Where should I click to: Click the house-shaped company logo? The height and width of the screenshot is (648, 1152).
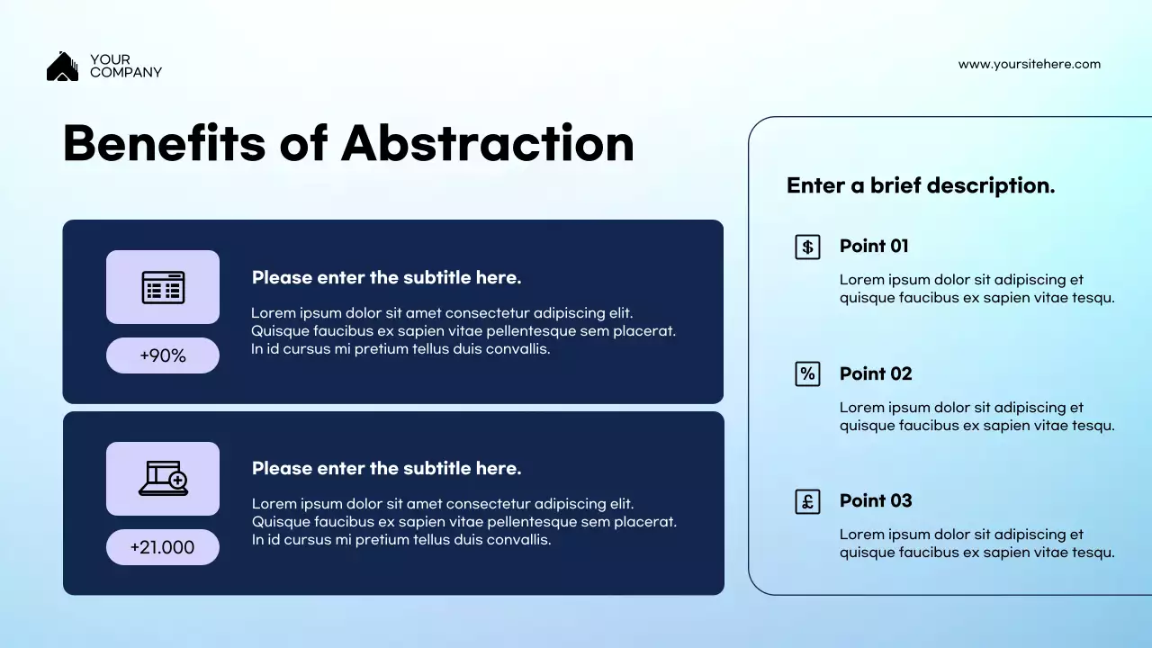(62, 67)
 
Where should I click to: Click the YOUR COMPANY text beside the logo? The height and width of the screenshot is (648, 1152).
(125, 66)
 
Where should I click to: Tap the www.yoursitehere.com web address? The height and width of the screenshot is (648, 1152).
(1029, 64)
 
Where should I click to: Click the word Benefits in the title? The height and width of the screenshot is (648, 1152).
(164, 144)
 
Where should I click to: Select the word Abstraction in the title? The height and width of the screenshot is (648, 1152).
(487, 144)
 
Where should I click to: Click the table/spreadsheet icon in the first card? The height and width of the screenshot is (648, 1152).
(163, 287)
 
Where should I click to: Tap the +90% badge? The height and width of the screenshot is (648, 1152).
(163, 355)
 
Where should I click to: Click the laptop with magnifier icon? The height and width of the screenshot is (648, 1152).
(163, 479)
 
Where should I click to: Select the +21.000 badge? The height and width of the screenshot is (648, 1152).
(163, 547)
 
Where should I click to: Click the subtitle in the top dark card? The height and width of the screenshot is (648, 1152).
(386, 277)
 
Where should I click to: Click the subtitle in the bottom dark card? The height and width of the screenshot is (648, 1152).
(386, 468)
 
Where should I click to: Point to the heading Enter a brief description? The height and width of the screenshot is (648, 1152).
(920, 185)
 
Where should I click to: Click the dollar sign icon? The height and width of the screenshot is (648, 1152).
(807, 247)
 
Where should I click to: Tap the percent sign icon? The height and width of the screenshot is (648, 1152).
(807, 373)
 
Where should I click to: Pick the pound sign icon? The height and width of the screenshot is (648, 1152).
(807, 501)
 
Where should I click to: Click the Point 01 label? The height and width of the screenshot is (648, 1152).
(874, 246)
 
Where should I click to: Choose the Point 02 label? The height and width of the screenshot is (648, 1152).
(876, 373)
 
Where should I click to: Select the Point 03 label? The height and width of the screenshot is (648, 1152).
(876, 500)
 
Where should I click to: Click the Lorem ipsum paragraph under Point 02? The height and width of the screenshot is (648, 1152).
(976, 417)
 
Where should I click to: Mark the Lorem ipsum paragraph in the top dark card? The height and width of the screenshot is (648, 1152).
(463, 331)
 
